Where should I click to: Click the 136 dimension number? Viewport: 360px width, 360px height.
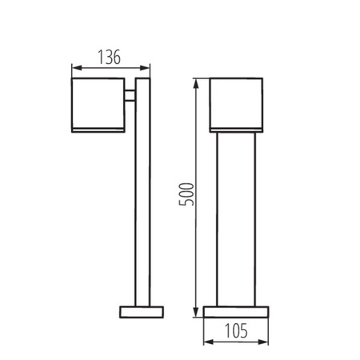coord(110,57)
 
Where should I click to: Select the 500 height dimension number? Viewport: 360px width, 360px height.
coord(186,195)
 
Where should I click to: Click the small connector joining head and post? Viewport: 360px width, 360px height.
coord(130,98)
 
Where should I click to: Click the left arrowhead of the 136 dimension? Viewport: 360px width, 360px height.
coord(74,66)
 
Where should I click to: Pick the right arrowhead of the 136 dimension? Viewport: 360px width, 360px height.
coord(147,66)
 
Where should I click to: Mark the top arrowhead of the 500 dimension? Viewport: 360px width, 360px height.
coord(198,82)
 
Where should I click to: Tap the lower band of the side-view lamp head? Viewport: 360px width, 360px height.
coord(98,127)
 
